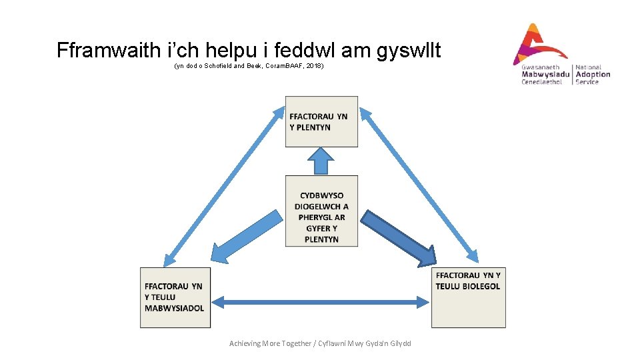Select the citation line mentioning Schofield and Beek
tap(249, 67)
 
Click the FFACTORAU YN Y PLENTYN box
tap(321, 122)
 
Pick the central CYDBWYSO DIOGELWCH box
tap(321, 211)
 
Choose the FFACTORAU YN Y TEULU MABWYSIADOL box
tap(175, 297)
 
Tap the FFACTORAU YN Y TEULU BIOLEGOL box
tap(468, 297)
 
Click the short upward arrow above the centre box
tap(321, 161)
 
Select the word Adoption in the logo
tap(593, 74)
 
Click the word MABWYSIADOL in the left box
tap(175, 308)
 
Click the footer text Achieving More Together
tap(270, 343)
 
